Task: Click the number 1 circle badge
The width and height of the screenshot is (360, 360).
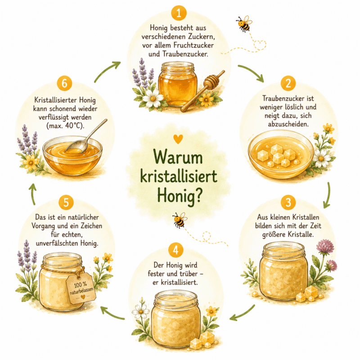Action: pos(179,13)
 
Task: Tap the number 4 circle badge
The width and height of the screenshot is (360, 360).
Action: pos(175,250)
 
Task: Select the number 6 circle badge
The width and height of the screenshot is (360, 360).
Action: pos(64,83)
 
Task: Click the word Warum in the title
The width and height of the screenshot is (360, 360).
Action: pos(178,158)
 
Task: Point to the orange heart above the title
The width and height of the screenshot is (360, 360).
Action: pos(178,139)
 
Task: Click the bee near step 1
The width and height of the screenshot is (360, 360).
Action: pos(244,23)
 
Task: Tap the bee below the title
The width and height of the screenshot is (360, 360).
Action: pos(180,220)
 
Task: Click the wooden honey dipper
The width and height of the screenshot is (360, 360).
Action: pos(202,91)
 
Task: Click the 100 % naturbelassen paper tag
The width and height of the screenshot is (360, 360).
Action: pos(81,288)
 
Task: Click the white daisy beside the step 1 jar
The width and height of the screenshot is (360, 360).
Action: pos(153,98)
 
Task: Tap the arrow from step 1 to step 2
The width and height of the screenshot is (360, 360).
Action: pos(252,73)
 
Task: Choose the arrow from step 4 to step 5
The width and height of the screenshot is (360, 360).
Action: pos(112,313)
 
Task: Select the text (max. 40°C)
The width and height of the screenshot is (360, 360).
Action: pos(65,126)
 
